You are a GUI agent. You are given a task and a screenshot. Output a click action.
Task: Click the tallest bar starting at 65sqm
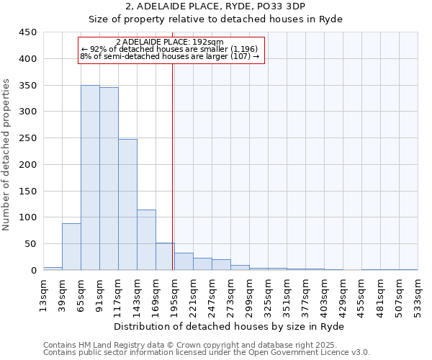(90, 178)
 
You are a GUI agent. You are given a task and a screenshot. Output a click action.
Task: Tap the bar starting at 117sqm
(127, 204)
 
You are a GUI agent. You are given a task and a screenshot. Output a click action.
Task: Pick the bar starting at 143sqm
(146, 240)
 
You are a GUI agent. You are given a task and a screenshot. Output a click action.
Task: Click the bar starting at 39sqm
(71, 247)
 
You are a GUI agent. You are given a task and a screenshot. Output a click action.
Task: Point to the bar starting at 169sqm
(165, 256)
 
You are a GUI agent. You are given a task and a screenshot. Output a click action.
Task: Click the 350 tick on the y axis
(27, 86)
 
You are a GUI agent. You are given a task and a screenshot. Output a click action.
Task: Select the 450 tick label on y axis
(27, 32)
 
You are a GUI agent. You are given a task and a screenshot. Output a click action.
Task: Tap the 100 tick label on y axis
(27, 217)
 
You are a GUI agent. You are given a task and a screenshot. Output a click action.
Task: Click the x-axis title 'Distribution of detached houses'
(230, 326)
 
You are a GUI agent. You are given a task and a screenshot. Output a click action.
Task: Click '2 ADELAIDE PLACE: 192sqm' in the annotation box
(170, 42)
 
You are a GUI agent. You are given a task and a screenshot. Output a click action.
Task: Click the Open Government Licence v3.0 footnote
(207, 353)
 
